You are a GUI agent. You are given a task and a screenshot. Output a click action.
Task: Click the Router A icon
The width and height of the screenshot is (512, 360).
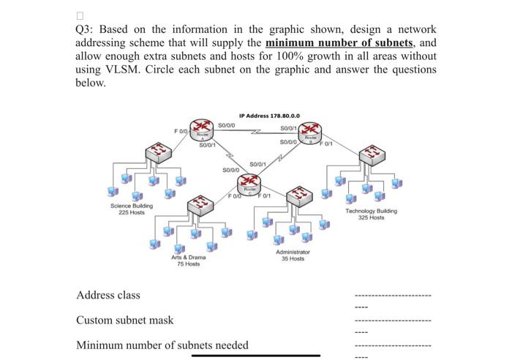(x=196, y=130)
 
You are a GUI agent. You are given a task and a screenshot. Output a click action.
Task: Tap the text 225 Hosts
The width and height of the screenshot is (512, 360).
(x=132, y=212)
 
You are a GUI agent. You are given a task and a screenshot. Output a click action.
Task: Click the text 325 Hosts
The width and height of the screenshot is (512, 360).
(x=372, y=217)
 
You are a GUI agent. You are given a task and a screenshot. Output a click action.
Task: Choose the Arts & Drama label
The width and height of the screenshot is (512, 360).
(x=189, y=258)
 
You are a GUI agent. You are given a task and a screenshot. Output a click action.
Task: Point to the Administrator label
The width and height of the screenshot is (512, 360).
(x=293, y=252)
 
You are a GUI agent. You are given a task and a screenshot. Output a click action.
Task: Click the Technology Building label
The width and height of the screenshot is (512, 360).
(x=372, y=211)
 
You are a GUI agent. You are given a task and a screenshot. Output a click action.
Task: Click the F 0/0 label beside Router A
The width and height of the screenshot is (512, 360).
(x=181, y=131)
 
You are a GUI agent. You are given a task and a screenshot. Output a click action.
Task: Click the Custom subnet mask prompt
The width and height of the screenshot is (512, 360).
(x=125, y=320)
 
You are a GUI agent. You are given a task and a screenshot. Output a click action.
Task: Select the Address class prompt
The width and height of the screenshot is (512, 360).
(x=108, y=296)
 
